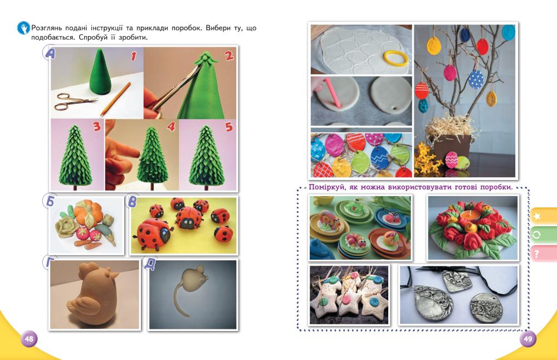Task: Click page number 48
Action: [x=29, y=339]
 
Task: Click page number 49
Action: [x=528, y=339]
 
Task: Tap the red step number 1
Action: [x=134, y=56]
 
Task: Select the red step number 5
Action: [x=229, y=127]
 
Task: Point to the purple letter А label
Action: [x=50, y=53]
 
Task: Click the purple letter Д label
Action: [x=149, y=264]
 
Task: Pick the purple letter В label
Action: [x=132, y=202]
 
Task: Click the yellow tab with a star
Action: [x=544, y=216]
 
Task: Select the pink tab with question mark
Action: [x=544, y=254]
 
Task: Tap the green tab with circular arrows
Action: [x=544, y=235]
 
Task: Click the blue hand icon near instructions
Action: [x=23, y=28]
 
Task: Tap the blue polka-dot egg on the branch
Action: [x=476, y=80]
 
